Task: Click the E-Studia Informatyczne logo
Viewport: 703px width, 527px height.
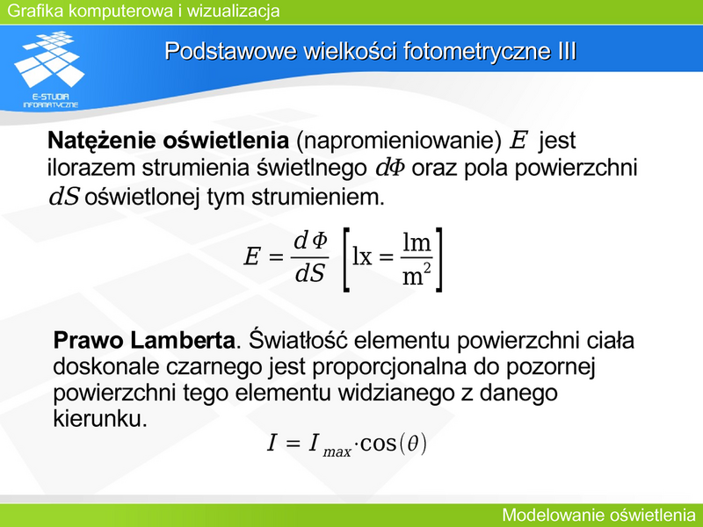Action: (50, 69)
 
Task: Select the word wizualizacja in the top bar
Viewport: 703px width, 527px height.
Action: (234, 11)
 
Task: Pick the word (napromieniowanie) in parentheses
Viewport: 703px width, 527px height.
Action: (399, 141)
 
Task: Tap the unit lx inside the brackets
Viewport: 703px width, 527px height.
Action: (362, 257)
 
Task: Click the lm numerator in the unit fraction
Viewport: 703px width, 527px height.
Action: (417, 242)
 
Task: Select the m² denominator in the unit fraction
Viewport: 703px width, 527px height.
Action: (417, 275)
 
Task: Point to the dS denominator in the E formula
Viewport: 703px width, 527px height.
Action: (310, 272)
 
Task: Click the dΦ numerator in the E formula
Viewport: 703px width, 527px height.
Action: (310, 241)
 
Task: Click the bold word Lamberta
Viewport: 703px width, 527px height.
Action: (183, 340)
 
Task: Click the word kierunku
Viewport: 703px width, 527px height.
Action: (100, 419)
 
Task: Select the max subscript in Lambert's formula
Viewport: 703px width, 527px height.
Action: (337, 451)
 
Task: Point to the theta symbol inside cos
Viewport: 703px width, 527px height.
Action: (413, 444)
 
